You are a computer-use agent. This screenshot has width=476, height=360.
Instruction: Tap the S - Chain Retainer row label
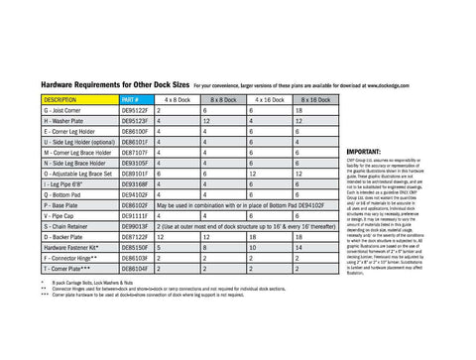point(75,227)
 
